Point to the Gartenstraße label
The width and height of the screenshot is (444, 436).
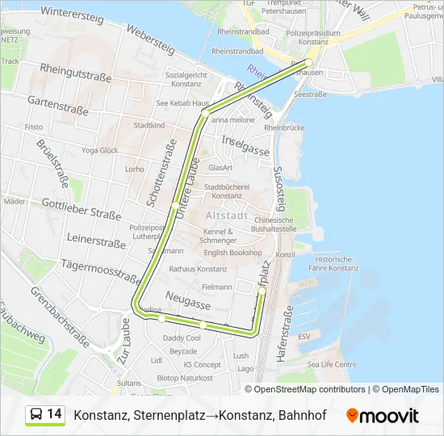click(58, 102)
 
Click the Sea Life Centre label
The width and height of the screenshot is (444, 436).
click(331, 364)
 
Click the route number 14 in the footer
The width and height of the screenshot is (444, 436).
click(54, 414)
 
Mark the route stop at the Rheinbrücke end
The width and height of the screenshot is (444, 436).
click(308, 63)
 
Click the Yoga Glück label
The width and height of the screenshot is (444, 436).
click(99, 150)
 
